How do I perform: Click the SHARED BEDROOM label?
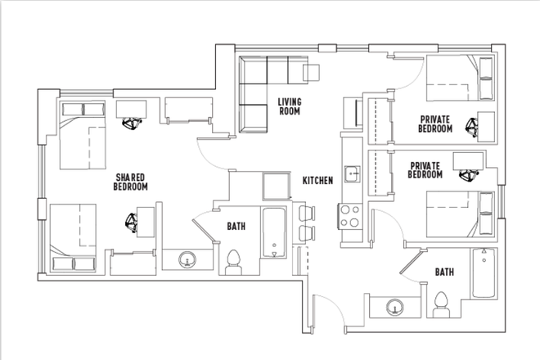(131, 182)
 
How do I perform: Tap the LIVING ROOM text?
(290, 106)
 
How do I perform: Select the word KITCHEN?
(317, 180)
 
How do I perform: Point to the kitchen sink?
(352, 173)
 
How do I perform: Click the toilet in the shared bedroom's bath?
(234, 260)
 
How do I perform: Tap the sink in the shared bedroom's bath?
(188, 260)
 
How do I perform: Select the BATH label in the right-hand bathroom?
(445, 272)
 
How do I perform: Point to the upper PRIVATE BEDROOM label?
(435, 124)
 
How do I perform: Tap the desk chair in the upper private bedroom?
(472, 126)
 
